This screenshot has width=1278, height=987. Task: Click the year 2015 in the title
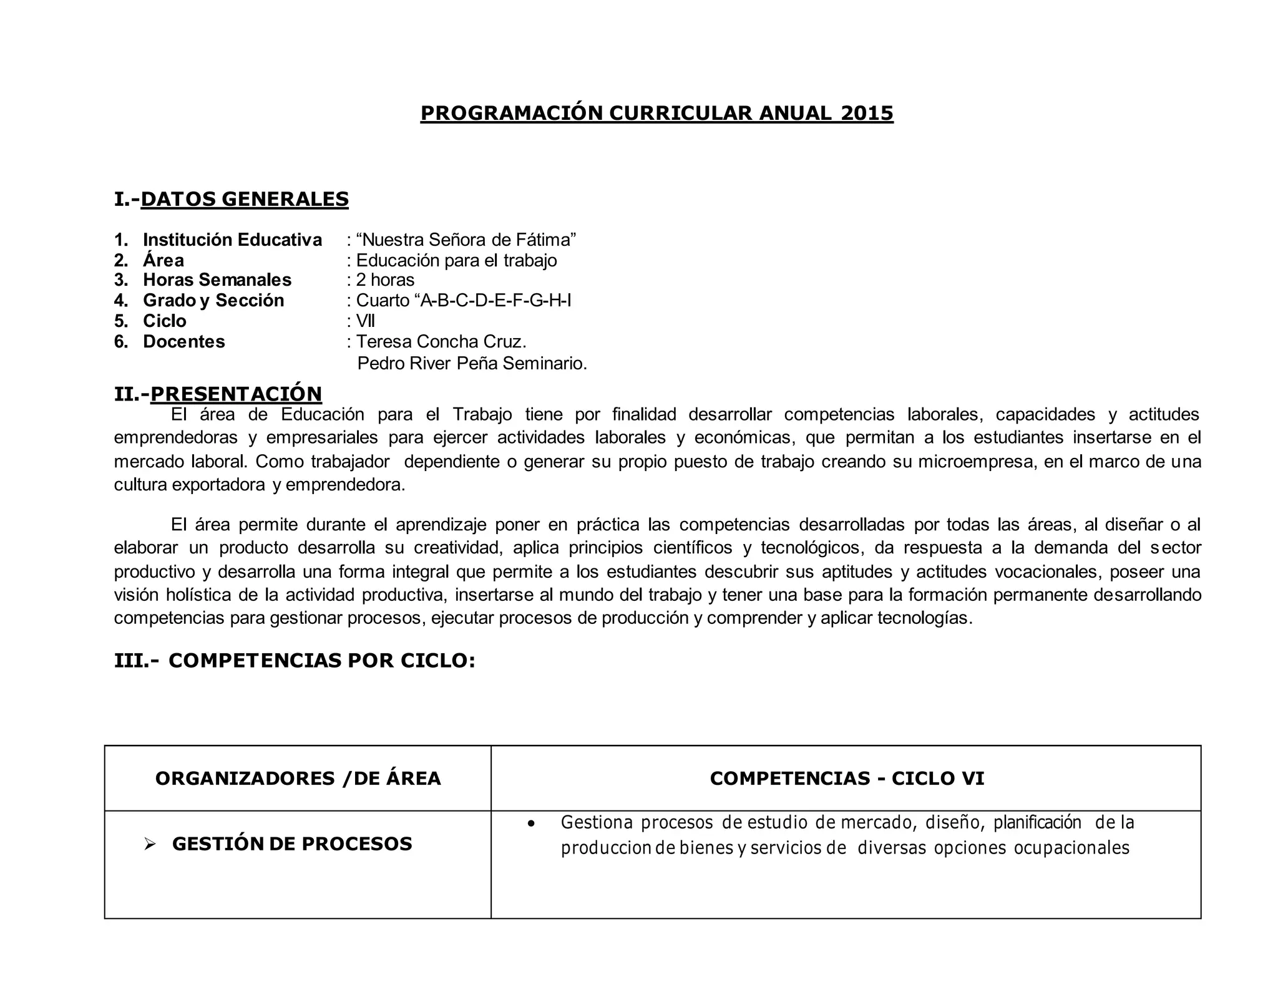point(867,113)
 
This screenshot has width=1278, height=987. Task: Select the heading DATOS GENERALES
point(245,199)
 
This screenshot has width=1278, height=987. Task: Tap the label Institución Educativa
point(232,240)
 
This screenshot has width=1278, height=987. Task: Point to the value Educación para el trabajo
point(456,260)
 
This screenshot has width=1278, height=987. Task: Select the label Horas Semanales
point(217,280)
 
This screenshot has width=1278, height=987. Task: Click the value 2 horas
point(385,280)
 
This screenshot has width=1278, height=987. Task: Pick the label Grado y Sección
point(213,300)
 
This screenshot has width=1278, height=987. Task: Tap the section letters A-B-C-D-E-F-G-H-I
point(496,300)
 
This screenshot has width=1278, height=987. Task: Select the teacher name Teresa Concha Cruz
point(441,341)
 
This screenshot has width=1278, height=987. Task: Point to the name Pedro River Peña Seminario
point(472,362)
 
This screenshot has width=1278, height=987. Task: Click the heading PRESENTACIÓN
point(236,394)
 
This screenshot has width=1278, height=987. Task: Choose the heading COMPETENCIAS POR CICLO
point(321,660)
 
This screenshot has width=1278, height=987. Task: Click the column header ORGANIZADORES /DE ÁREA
point(298,778)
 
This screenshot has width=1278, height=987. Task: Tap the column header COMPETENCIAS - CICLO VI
point(847,778)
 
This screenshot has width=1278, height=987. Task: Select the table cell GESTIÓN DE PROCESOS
point(292,844)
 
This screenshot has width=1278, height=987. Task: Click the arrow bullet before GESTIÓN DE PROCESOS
point(149,844)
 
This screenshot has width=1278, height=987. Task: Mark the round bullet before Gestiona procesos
point(531,824)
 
